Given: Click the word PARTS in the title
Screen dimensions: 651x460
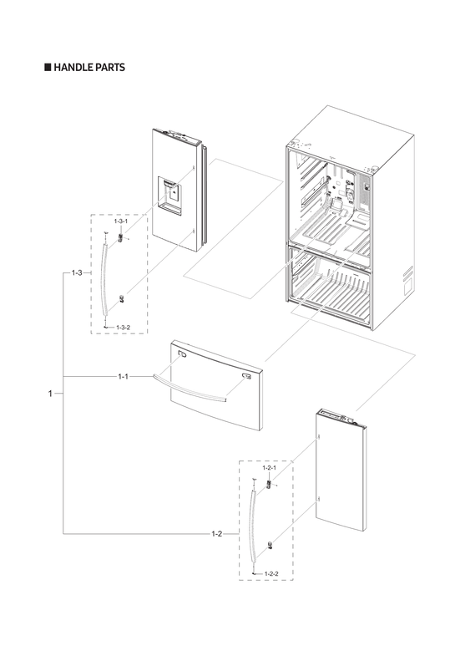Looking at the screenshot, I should [113, 67].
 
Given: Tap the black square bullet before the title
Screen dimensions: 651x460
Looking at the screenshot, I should [48, 67].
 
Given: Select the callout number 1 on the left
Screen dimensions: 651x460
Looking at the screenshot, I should [50, 392].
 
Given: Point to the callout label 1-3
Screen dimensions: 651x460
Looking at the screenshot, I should [77, 273].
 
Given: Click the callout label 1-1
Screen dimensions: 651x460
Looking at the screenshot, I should [123, 377].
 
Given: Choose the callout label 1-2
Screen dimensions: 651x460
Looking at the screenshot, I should [216, 532].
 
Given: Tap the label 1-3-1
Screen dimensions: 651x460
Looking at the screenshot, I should [121, 222].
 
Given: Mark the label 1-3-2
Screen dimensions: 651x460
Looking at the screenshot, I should [123, 326].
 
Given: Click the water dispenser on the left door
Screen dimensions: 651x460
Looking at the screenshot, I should [171, 195].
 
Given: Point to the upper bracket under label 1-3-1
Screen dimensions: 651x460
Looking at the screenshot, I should [121, 237].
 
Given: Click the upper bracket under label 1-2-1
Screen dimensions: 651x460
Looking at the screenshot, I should [269, 484].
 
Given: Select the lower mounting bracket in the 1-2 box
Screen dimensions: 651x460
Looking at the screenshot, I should [270, 545].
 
